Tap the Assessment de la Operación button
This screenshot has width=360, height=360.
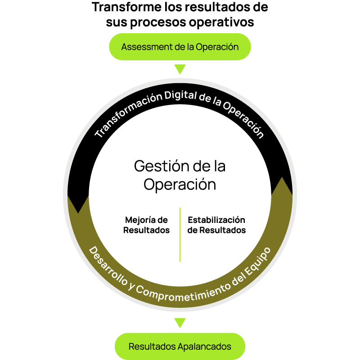(x=180, y=47)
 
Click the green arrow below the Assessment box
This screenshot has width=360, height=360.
(x=180, y=69)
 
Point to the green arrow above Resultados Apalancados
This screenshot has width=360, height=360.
(x=180, y=323)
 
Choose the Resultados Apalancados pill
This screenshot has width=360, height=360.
(x=180, y=347)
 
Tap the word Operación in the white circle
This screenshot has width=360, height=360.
(x=180, y=184)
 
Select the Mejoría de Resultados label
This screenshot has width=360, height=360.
(x=146, y=225)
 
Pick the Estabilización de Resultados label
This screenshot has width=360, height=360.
(x=216, y=225)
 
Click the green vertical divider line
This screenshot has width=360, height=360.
(x=180, y=234)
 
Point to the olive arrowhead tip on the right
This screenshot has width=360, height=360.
(x=282, y=178)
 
